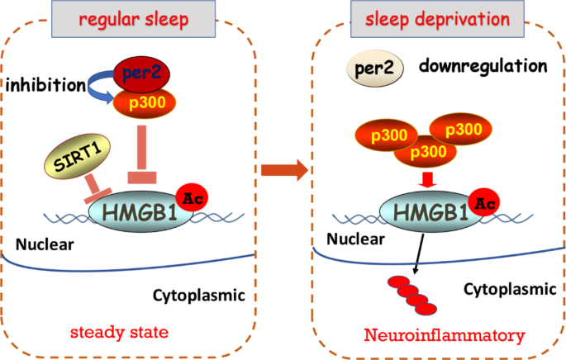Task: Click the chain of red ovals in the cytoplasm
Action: point(412,294)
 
